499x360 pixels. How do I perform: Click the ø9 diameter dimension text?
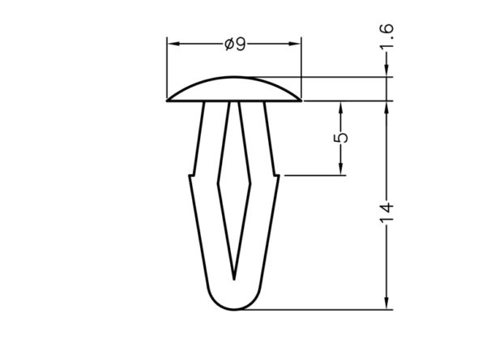click(x=235, y=45)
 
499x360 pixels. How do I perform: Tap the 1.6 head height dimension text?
click(x=386, y=36)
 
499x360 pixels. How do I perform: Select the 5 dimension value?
click(x=340, y=138)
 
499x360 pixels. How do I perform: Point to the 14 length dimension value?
click(x=386, y=212)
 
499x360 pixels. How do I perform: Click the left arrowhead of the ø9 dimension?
click(x=173, y=44)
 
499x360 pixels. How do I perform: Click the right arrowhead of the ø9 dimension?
click(x=294, y=44)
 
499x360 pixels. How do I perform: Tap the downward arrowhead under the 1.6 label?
click(x=386, y=71)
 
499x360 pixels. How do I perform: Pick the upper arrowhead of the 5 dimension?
click(x=340, y=108)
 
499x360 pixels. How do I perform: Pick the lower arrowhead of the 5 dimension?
click(x=340, y=169)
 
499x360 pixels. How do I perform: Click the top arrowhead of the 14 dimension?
click(x=386, y=108)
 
